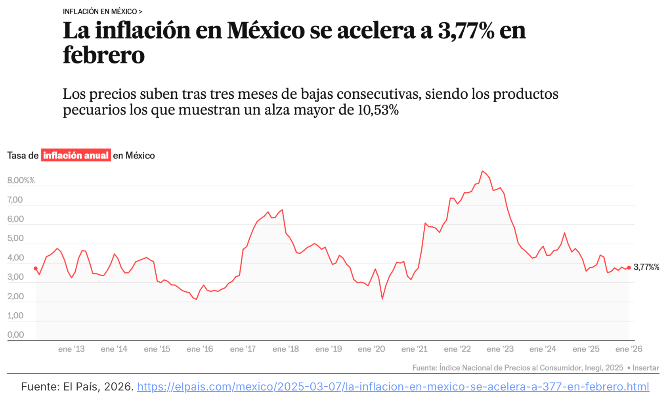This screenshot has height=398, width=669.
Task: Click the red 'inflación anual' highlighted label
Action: [x=76, y=155]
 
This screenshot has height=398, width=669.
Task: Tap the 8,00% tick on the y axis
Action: [x=21, y=180]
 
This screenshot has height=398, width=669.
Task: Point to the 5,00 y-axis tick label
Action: [x=15, y=238]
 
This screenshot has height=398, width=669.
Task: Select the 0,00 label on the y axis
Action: [x=15, y=335]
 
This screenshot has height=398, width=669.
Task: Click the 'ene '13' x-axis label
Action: [x=71, y=349]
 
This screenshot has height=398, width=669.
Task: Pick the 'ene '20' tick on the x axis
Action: [x=371, y=349]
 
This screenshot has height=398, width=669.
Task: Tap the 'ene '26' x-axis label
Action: [x=629, y=349]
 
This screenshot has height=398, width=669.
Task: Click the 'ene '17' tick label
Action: [x=243, y=349]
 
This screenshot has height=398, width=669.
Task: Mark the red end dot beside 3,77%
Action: [x=629, y=268]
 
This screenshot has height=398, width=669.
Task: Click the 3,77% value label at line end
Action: [x=646, y=267]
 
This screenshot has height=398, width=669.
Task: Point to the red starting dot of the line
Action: [x=36, y=268]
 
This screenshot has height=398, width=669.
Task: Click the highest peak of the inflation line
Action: [x=482, y=171]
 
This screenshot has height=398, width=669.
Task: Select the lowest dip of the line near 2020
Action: [x=382, y=298]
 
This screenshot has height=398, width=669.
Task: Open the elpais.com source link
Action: [x=393, y=387]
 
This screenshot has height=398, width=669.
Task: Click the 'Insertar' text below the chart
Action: [x=646, y=368]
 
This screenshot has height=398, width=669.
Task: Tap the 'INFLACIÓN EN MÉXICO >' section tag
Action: [x=102, y=11]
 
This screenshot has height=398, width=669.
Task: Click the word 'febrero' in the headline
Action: [x=104, y=55]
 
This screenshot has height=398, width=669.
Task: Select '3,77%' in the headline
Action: [x=466, y=31]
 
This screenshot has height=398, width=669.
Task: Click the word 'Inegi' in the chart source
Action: [x=594, y=368]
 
